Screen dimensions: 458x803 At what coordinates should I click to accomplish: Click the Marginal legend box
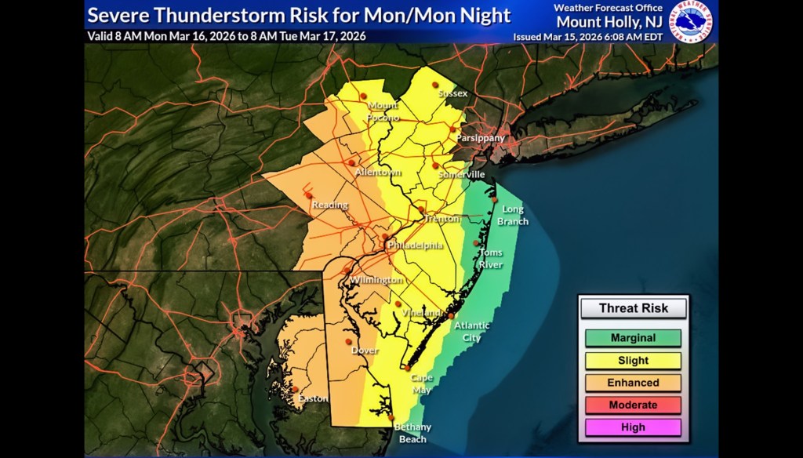(633, 339)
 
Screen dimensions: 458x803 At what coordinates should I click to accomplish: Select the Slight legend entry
(633, 361)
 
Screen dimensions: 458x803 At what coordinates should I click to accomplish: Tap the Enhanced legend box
(633, 383)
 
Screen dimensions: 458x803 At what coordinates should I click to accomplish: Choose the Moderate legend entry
(633, 405)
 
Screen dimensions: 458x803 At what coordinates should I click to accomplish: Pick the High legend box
(633, 427)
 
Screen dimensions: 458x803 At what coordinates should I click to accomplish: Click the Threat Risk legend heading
(634, 308)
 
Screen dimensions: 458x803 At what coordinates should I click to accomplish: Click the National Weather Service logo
(690, 21)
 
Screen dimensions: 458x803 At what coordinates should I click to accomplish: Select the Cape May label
(422, 383)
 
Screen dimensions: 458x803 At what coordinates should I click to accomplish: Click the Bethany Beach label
(412, 432)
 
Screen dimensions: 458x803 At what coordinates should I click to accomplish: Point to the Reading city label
(330, 205)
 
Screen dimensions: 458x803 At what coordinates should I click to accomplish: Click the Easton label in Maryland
(313, 399)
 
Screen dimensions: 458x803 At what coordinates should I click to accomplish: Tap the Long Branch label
(514, 215)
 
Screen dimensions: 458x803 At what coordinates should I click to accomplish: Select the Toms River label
(491, 259)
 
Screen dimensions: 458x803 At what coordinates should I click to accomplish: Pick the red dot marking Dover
(348, 342)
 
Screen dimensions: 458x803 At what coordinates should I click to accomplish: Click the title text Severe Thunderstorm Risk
(299, 16)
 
